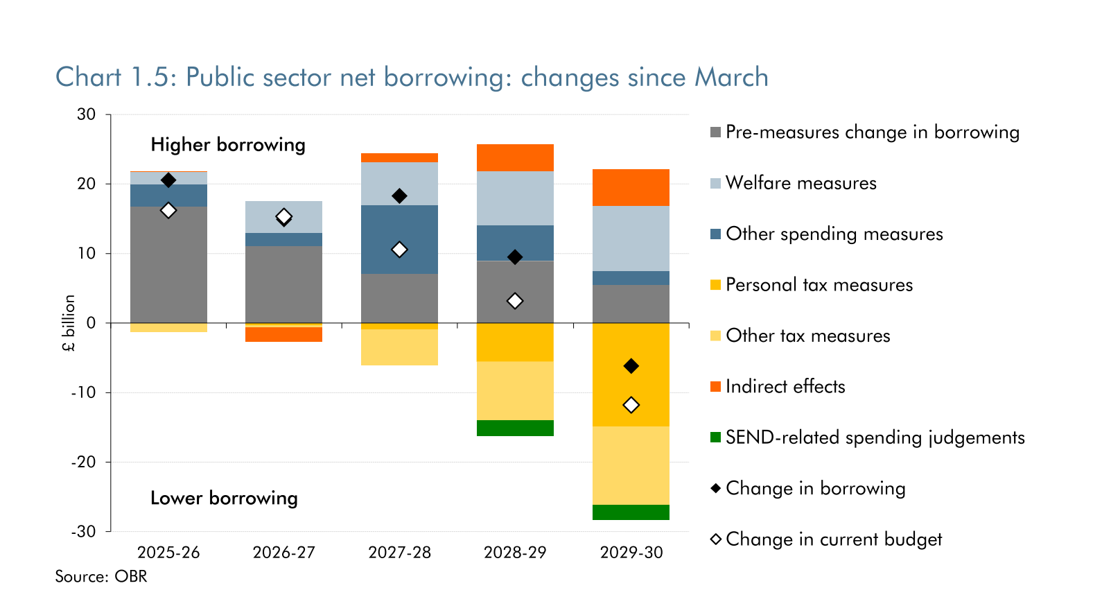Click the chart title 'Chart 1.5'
click(412, 77)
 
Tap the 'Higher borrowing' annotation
click(228, 144)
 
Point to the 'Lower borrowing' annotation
click(224, 498)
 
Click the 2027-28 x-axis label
click(399, 553)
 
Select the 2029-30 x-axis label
click(631, 553)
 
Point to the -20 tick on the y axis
click(83, 462)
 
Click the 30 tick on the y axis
click(87, 114)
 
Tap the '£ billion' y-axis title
click(69, 323)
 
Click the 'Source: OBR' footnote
click(101, 576)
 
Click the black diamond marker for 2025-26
click(168, 180)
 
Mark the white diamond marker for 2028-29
click(515, 301)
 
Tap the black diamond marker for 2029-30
click(631, 366)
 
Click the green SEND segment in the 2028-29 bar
click(515, 428)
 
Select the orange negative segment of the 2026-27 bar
click(283, 334)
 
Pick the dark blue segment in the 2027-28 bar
click(399, 239)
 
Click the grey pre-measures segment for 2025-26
click(168, 264)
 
